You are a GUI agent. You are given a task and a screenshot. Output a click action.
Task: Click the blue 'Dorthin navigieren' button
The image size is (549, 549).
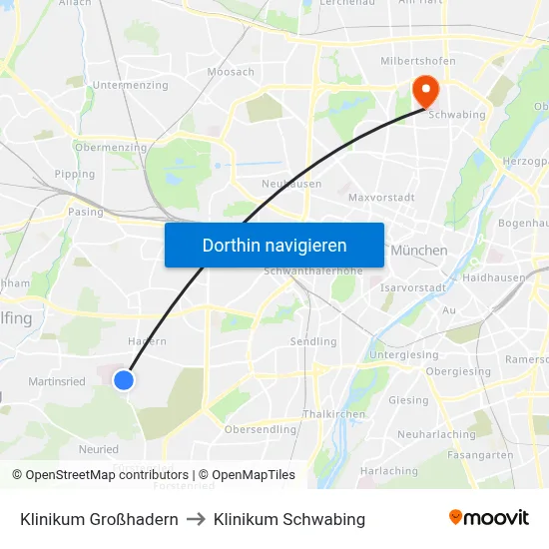click(x=274, y=245)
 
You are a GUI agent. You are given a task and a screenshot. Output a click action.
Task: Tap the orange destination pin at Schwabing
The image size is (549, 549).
click(x=426, y=92)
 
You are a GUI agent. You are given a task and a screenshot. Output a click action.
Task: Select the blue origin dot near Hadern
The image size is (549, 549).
click(x=124, y=380)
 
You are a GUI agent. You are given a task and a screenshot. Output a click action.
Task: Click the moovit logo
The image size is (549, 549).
click(x=488, y=518)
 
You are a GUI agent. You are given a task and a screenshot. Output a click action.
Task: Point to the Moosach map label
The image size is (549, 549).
click(x=231, y=72)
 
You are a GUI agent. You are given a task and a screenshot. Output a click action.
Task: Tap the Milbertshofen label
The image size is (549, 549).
click(x=418, y=61)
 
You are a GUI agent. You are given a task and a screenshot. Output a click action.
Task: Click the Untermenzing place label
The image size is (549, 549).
click(x=130, y=86)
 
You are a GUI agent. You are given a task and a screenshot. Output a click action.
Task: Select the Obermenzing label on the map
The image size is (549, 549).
click(x=111, y=148)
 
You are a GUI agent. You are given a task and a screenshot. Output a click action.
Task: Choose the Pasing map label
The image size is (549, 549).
click(x=85, y=212)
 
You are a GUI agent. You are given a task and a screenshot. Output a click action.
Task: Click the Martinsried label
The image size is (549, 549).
click(x=56, y=381)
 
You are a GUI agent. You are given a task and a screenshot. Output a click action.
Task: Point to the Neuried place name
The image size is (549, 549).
click(x=98, y=449)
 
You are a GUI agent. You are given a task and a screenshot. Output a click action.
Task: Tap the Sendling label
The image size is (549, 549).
click(x=312, y=341)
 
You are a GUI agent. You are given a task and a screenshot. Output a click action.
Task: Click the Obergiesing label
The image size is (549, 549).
click(x=458, y=371)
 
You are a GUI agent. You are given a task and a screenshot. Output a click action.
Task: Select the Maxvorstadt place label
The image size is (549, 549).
click(x=381, y=198)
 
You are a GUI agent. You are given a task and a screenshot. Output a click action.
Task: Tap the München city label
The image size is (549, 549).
click(x=419, y=250)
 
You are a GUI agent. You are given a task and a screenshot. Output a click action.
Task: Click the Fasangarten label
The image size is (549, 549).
click(x=481, y=454)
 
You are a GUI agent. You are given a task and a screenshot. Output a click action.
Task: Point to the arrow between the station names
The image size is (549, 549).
click(x=196, y=519)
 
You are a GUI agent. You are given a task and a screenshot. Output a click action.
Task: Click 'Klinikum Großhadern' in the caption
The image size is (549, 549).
click(x=99, y=519)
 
